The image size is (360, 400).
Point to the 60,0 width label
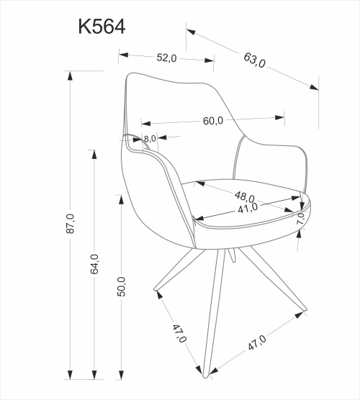[212, 121]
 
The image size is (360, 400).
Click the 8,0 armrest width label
[150, 138]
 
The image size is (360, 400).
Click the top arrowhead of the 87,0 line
[69, 74]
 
